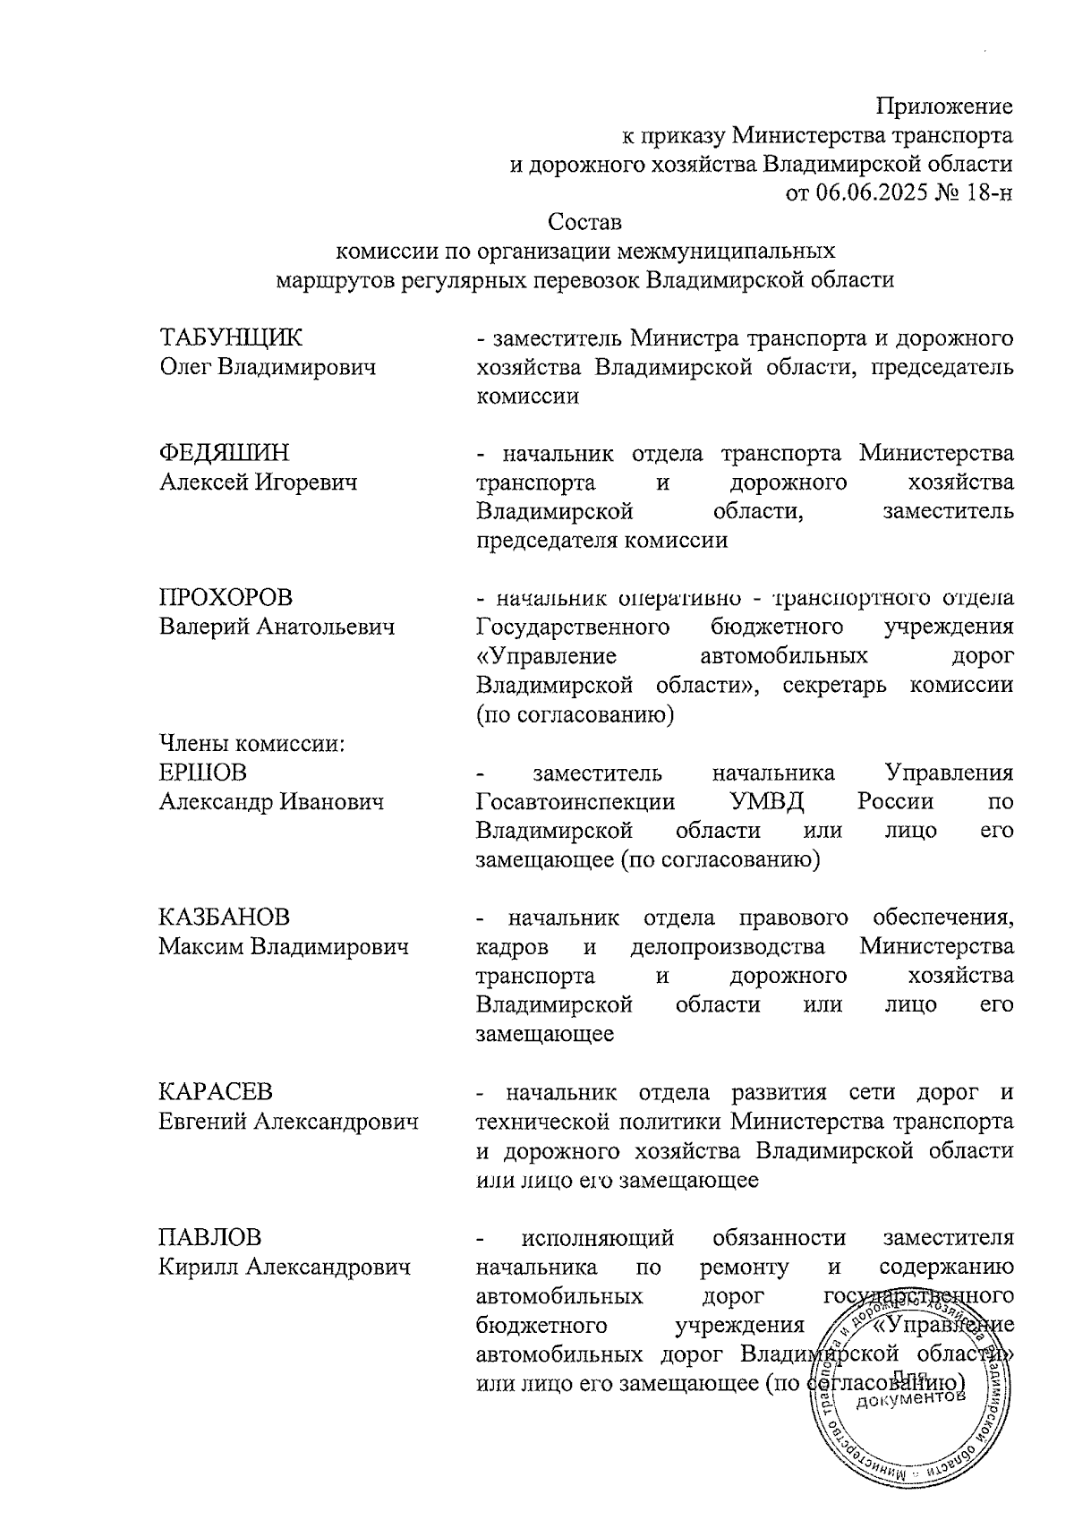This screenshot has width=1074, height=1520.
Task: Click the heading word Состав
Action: (585, 220)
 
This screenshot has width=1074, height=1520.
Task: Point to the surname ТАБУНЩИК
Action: (231, 338)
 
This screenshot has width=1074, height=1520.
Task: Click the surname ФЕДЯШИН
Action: (225, 454)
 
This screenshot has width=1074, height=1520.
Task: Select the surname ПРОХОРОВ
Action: (226, 598)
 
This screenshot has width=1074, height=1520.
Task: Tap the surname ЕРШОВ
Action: (202, 772)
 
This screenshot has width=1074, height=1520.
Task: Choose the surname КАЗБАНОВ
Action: (224, 918)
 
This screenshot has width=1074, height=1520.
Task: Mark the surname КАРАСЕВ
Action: (216, 1092)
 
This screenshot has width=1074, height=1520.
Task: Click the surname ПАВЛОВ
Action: (210, 1238)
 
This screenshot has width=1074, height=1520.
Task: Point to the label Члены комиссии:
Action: (251, 743)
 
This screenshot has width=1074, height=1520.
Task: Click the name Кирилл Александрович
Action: (285, 1267)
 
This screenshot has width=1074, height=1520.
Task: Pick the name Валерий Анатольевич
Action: (277, 627)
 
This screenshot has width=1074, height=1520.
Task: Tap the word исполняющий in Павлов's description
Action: (598, 1238)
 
